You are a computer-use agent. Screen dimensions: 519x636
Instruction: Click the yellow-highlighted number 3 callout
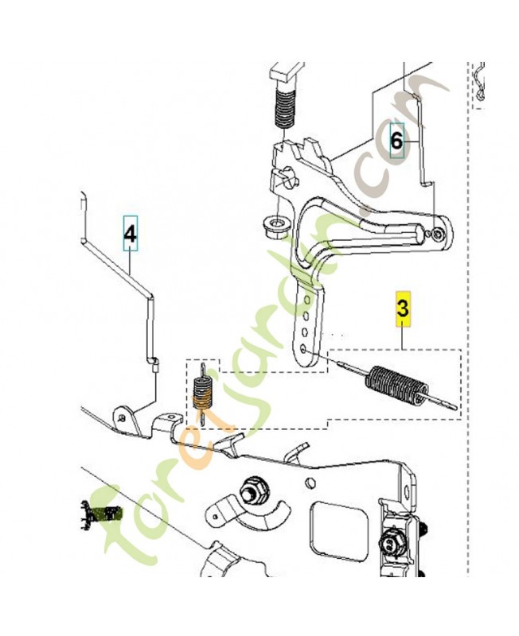403,309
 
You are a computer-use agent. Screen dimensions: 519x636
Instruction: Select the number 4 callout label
131,234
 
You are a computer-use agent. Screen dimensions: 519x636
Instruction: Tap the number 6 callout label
396,141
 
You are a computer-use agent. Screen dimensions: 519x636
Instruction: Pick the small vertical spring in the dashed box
201,393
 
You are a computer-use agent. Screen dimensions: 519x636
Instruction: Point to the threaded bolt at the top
285,107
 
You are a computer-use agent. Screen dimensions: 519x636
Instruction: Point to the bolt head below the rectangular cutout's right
391,545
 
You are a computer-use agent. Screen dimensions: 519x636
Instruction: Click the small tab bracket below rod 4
127,420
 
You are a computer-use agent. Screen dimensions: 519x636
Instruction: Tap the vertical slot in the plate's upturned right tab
407,488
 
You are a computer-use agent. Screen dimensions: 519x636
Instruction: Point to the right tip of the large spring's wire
456,408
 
